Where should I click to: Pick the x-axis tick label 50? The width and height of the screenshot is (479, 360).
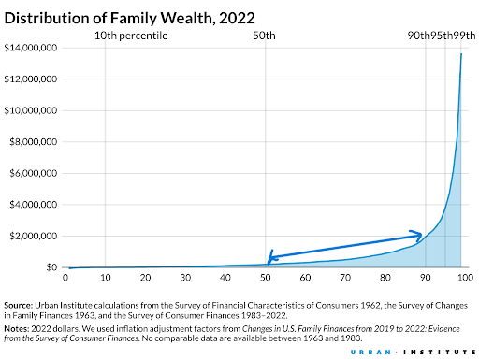click(x=266, y=279)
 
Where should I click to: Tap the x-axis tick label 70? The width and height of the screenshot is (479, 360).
click(x=345, y=279)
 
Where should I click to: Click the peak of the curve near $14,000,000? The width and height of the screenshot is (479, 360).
click(x=461, y=53)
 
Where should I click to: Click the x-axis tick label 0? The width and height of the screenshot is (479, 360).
click(x=65, y=279)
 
